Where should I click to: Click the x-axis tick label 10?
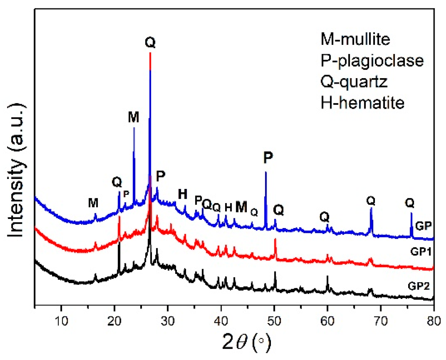[x=61, y=321]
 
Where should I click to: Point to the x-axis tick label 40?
[x=221, y=321]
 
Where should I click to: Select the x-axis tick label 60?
[x=327, y=321]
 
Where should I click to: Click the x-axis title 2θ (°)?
[x=246, y=342]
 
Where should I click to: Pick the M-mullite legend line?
[x=355, y=39]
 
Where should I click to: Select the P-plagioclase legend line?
[x=372, y=60]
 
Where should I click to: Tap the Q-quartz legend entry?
[x=354, y=82]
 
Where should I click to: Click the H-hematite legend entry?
[x=362, y=103]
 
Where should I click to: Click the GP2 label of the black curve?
[x=419, y=286]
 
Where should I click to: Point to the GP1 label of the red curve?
[x=421, y=252]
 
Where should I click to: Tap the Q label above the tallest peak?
[x=150, y=42]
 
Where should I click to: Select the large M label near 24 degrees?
[x=133, y=117]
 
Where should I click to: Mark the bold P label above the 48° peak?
[x=268, y=158]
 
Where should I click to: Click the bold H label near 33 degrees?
[x=182, y=194]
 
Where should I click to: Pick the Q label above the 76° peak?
[x=409, y=203]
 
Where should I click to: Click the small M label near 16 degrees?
[x=93, y=203]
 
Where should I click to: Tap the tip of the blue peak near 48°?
[x=266, y=172]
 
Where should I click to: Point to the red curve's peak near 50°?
[x=275, y=239]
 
